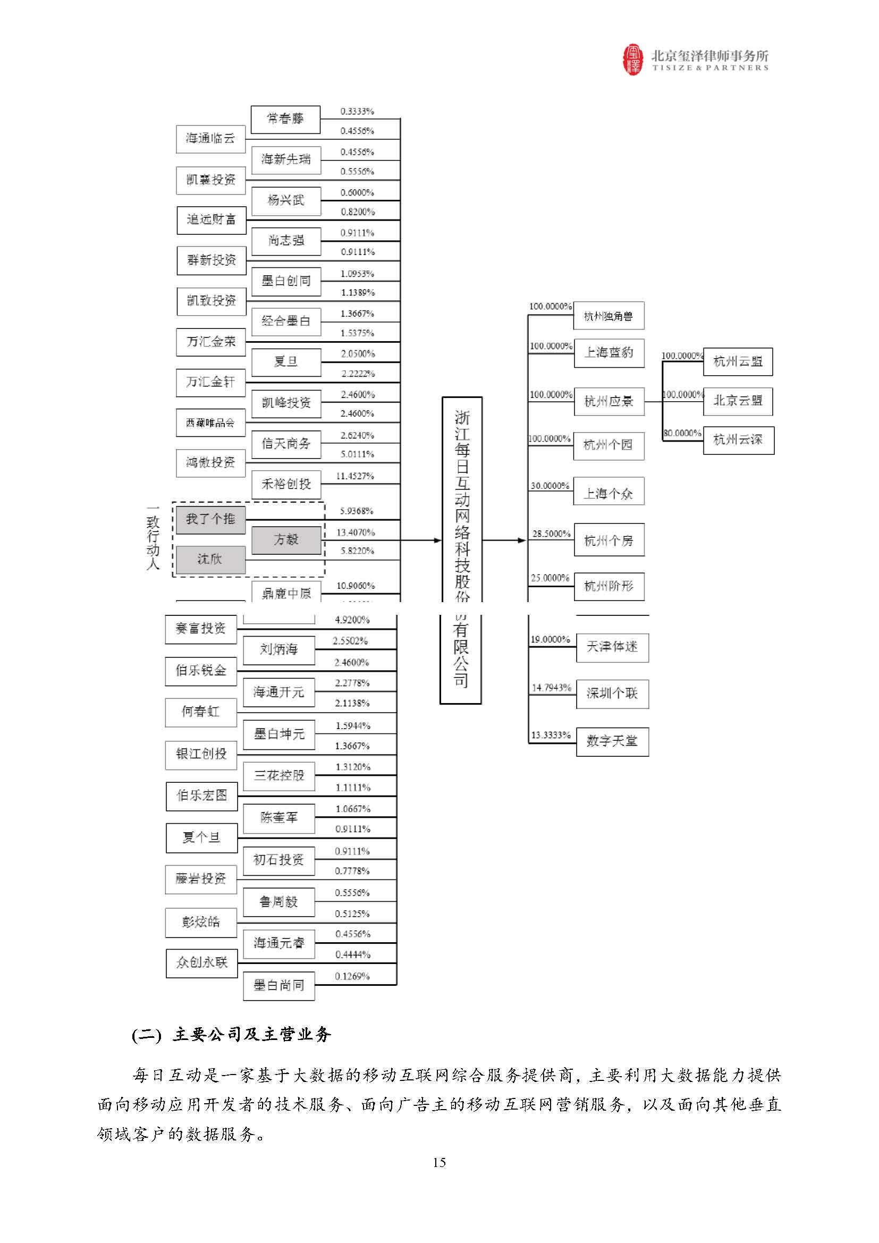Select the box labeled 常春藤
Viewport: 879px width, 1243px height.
[285, 119]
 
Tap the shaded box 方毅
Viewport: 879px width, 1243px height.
[286, 540]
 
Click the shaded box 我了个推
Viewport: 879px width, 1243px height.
[210, 519]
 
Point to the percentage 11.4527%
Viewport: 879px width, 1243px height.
[355, 476]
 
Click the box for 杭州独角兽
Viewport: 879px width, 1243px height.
[608, 316]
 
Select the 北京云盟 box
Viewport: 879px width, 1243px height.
[738, 401]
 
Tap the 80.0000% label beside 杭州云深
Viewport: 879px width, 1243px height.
[682, 433]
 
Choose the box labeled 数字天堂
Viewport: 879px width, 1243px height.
[612, 741]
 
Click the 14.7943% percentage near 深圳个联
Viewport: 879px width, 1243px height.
[552, 688]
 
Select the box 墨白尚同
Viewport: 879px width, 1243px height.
[279, 986]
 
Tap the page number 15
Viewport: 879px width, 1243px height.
[439, 1162]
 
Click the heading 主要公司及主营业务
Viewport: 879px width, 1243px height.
[251, 1035]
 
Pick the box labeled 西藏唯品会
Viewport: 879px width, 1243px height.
[210, 423]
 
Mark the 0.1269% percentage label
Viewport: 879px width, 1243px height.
[352, 976]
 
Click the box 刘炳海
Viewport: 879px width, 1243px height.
[279, 649]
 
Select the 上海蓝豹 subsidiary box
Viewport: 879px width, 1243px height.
[609, 353]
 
